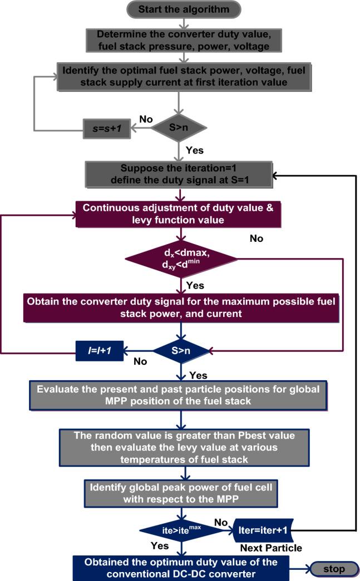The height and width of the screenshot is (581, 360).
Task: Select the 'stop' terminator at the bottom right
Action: coord(334,569)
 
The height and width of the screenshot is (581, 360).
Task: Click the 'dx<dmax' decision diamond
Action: coord(181,259)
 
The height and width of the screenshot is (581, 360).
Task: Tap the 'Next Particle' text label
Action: coord(271,548)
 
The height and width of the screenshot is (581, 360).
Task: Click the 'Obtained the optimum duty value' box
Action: coord(179,568)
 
